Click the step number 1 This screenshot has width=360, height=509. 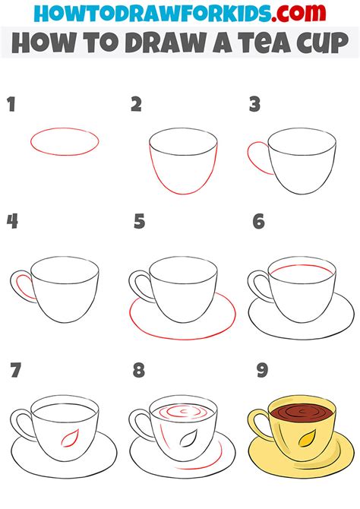coord(11,105)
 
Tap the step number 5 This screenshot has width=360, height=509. coord(139,221)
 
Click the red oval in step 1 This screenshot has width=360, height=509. coord(65,141)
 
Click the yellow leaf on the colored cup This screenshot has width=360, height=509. coord(308,438)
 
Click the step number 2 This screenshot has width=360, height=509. coord(136,105)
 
